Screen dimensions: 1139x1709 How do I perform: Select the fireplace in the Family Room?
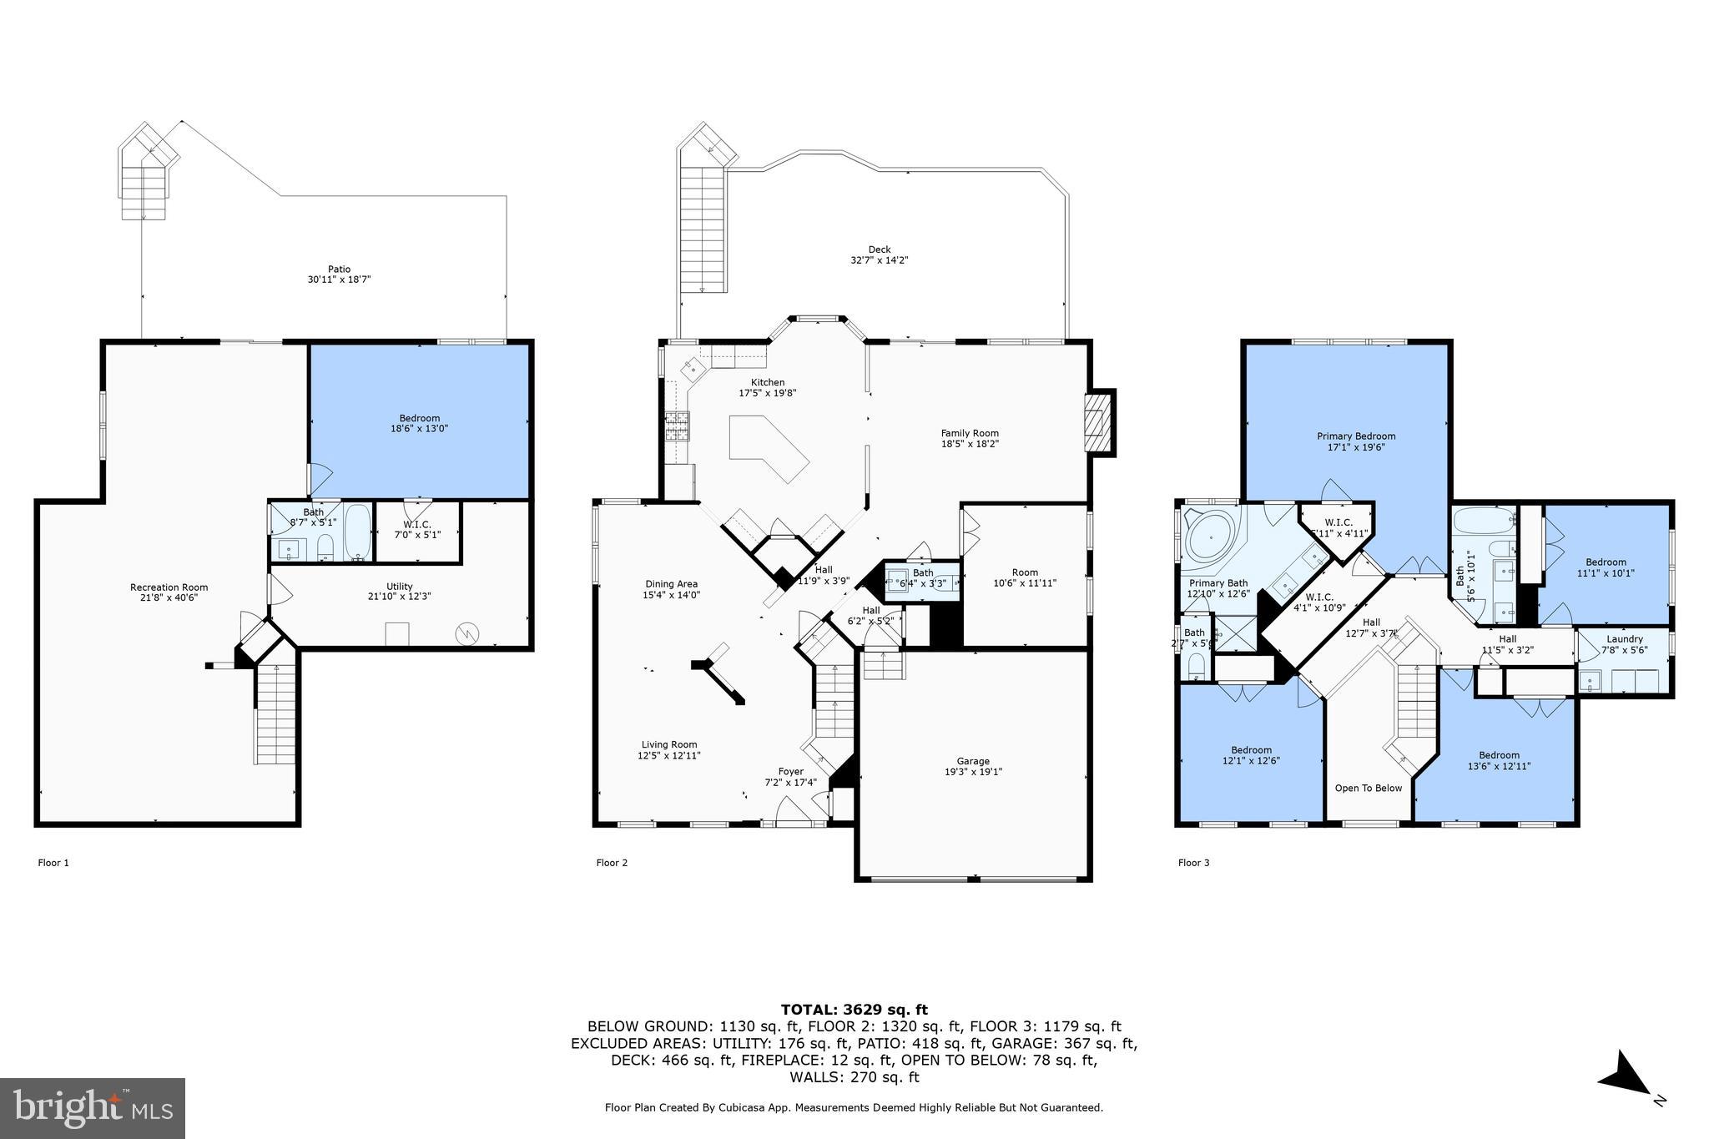tap(1099, 422)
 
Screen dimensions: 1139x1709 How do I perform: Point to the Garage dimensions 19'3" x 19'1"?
tap(973, 772)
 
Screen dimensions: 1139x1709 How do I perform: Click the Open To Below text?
tap(1369, 788)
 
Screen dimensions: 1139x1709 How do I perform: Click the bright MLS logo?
tap(93, 1107)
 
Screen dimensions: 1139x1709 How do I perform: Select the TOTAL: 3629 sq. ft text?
tap(854, 1010)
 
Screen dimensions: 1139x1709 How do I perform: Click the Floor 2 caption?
tap(612, 863)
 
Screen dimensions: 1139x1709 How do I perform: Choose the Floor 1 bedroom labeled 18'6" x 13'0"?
tap(419, 423)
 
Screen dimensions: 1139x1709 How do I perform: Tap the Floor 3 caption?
tap(1193, 863)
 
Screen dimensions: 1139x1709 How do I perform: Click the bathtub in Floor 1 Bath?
tap(358, 532)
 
